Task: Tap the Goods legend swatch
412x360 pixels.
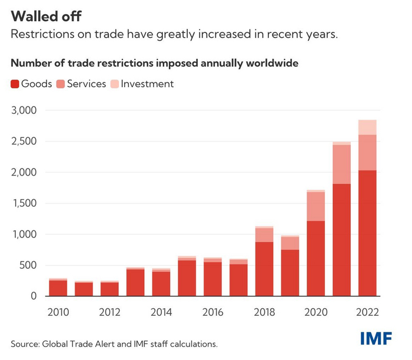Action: tap(15, 84)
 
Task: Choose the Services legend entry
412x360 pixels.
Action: tap(86, 84)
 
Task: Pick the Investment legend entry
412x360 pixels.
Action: tap(147, 84)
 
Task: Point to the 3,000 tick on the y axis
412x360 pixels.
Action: tap(25, 110)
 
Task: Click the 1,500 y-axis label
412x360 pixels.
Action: tap(25, 203)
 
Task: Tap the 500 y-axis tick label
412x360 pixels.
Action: tap(28, 265)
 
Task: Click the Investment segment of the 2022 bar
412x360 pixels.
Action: tap(367, 127)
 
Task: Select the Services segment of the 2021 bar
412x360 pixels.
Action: tap(341, 164)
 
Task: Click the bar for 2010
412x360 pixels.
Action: tap(58, 288)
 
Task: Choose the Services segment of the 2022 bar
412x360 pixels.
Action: tap(367, 153)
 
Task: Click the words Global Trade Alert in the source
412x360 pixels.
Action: tap(71, 343)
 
